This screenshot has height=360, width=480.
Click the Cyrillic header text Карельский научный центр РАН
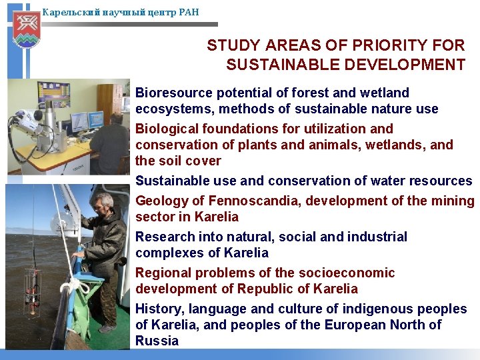pos(120,12)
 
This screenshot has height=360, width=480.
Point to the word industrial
pos(375,237)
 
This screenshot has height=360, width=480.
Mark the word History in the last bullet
pos(159,309)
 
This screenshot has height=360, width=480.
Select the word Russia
pos(157,341)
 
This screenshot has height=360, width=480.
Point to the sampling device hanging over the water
pos(31,290)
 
